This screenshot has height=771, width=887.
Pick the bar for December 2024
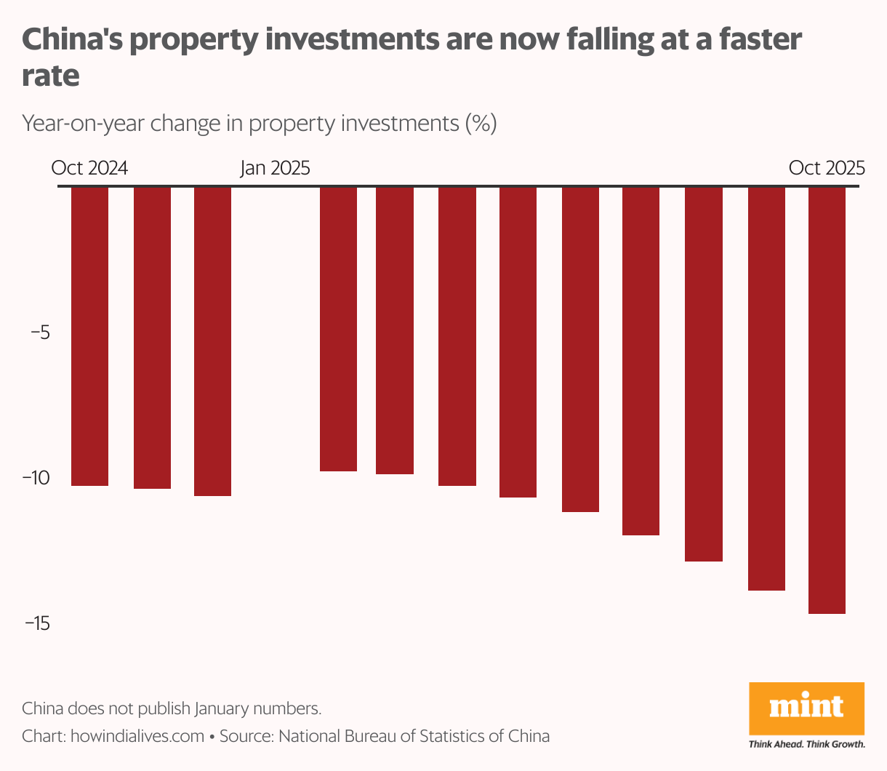pyautogui.click(x=212, y=341)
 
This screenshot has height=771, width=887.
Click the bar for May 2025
pyautogui.click(x=518, y=342)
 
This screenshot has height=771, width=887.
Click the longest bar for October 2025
pyautogui.click(x=827, y=400)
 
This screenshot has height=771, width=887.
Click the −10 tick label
pyautogui.click(x=36, y=478)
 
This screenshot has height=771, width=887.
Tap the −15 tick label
pyautogui.click(x=36, y=623)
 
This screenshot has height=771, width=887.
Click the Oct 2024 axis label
pyautogui.click(x=89, y=168)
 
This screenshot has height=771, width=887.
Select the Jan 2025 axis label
pyautogui.click(x=275, y=168)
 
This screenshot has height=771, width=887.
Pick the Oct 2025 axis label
pyautogui.click(x=827, y=168)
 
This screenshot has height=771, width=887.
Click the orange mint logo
pyautogui.click(x=806, y=709)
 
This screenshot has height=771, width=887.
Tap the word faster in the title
pyautogui.click(x=760, y=39)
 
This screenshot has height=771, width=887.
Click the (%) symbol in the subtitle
pyautogui.click(x=481, y=123)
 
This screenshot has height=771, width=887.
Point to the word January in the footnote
pyautogui.click(x=230, y=708)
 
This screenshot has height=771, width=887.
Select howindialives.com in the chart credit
pyautogui.click(x=137, y=736)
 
